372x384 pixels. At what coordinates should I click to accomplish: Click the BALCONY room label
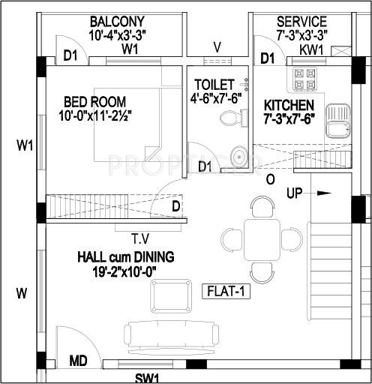coord(117,21)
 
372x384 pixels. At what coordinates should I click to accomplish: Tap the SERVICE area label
coord(301,22)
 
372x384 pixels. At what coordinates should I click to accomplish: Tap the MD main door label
coord(79,361)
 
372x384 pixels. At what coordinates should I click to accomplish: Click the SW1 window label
coord(147,377)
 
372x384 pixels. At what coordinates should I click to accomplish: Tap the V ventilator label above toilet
coord(217,46)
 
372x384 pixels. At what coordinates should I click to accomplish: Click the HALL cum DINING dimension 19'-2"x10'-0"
coord(125,273)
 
